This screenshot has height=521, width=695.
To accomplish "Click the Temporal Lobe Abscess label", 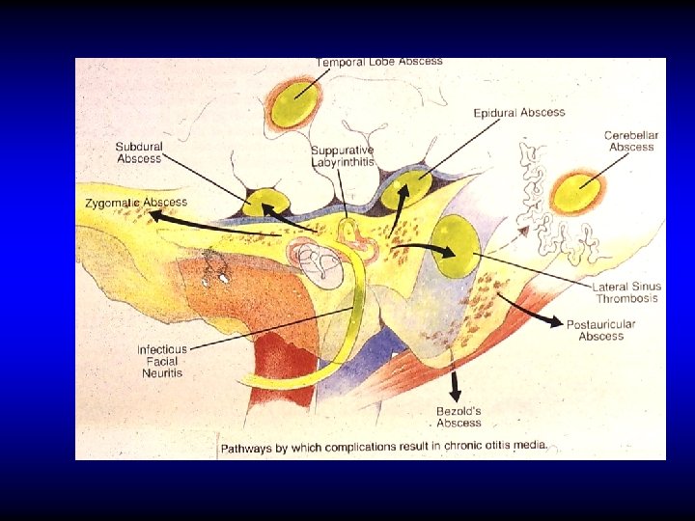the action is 379,62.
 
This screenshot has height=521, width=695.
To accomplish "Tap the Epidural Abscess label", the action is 518,113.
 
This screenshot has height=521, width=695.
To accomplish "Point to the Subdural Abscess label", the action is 139,152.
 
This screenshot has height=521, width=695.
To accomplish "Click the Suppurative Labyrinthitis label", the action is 342,156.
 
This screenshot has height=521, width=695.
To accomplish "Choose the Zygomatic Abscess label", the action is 136,203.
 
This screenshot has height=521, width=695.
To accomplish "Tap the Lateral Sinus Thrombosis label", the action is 626,292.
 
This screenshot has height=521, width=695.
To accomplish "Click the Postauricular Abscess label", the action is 600,330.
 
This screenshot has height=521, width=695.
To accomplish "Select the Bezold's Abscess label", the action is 459,417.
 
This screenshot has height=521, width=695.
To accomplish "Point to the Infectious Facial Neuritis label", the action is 161,361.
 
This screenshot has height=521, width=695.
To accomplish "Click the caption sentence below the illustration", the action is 384,447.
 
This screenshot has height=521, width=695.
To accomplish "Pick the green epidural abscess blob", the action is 406,192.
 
